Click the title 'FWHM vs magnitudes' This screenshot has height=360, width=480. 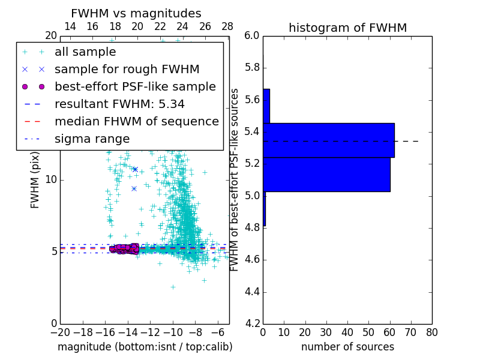[x=136, y=13]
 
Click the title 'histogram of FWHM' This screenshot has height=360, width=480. [x=347, y=28]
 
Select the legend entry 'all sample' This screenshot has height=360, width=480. [x=85, y=52]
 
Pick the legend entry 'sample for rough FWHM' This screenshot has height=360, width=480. [x=127, y=69]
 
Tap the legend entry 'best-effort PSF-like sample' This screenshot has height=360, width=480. [x=135, y=86]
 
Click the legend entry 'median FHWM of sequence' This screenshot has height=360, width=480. [x=136, y=121]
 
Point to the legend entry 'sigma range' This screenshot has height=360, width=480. [x=92, y=139]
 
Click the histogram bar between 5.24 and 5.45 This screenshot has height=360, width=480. [x=328, y=140]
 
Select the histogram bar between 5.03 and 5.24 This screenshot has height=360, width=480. [x=326, y=174]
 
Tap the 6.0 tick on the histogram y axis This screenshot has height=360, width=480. [x=252, y=36]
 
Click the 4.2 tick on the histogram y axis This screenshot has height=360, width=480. [x=252, y=324]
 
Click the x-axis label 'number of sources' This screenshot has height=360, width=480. [x=347, y=347]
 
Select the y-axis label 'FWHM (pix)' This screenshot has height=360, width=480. [x=35, y=180]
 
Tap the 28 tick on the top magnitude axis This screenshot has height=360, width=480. [x=227, y=26]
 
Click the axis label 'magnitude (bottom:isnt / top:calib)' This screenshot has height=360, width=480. [x=145, y=347]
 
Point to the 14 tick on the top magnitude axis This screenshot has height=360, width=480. [x=70, y=26]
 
